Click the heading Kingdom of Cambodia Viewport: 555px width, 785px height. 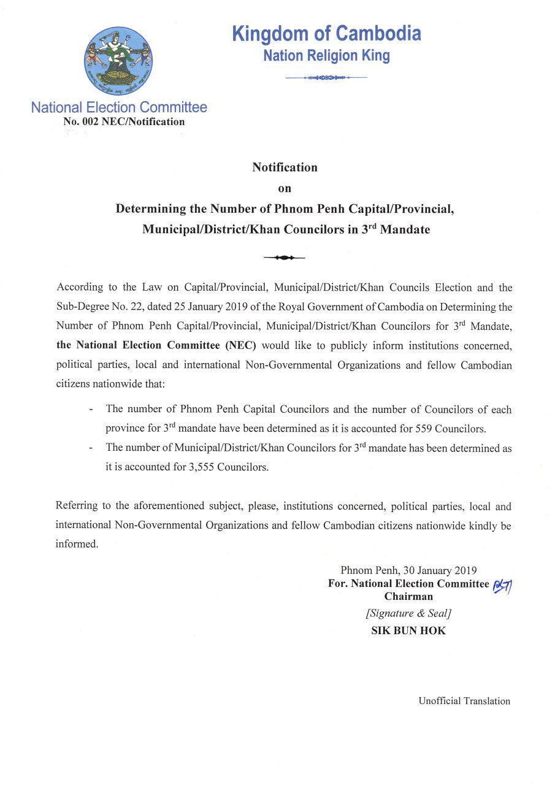pyautogui.click(x=326, y=33)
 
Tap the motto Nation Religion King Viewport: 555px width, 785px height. pyautogui.click(x=326, y=56)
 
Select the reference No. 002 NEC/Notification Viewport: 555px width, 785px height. pyautogui.click(x=124, y=121)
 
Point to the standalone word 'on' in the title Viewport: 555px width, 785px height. pyautogui.click(x=285, y=188)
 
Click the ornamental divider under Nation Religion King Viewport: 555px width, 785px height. pyautogui.click(x=326, y=78)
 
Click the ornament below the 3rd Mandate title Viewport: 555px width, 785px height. pyautogui.click(x=284, y=258)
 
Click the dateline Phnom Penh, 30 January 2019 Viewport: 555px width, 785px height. pyautogui.click(x=408, y=570)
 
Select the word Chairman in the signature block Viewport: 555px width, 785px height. pyautogui.click(x=408, y=596)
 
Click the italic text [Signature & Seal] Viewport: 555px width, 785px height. pyautogui.click(x=408, y=613)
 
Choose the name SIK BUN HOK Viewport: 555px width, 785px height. pyautogui.click(x=408, y=630)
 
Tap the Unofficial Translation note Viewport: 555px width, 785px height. pyautogui.click(x=464, y=701)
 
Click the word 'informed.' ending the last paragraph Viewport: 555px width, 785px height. pyautogui.click(x=77, y=544)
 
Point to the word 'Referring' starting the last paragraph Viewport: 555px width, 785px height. pyautogui.click(x=75, y=506)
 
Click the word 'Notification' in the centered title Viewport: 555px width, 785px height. pyautogui.click(x=285, y=167)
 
